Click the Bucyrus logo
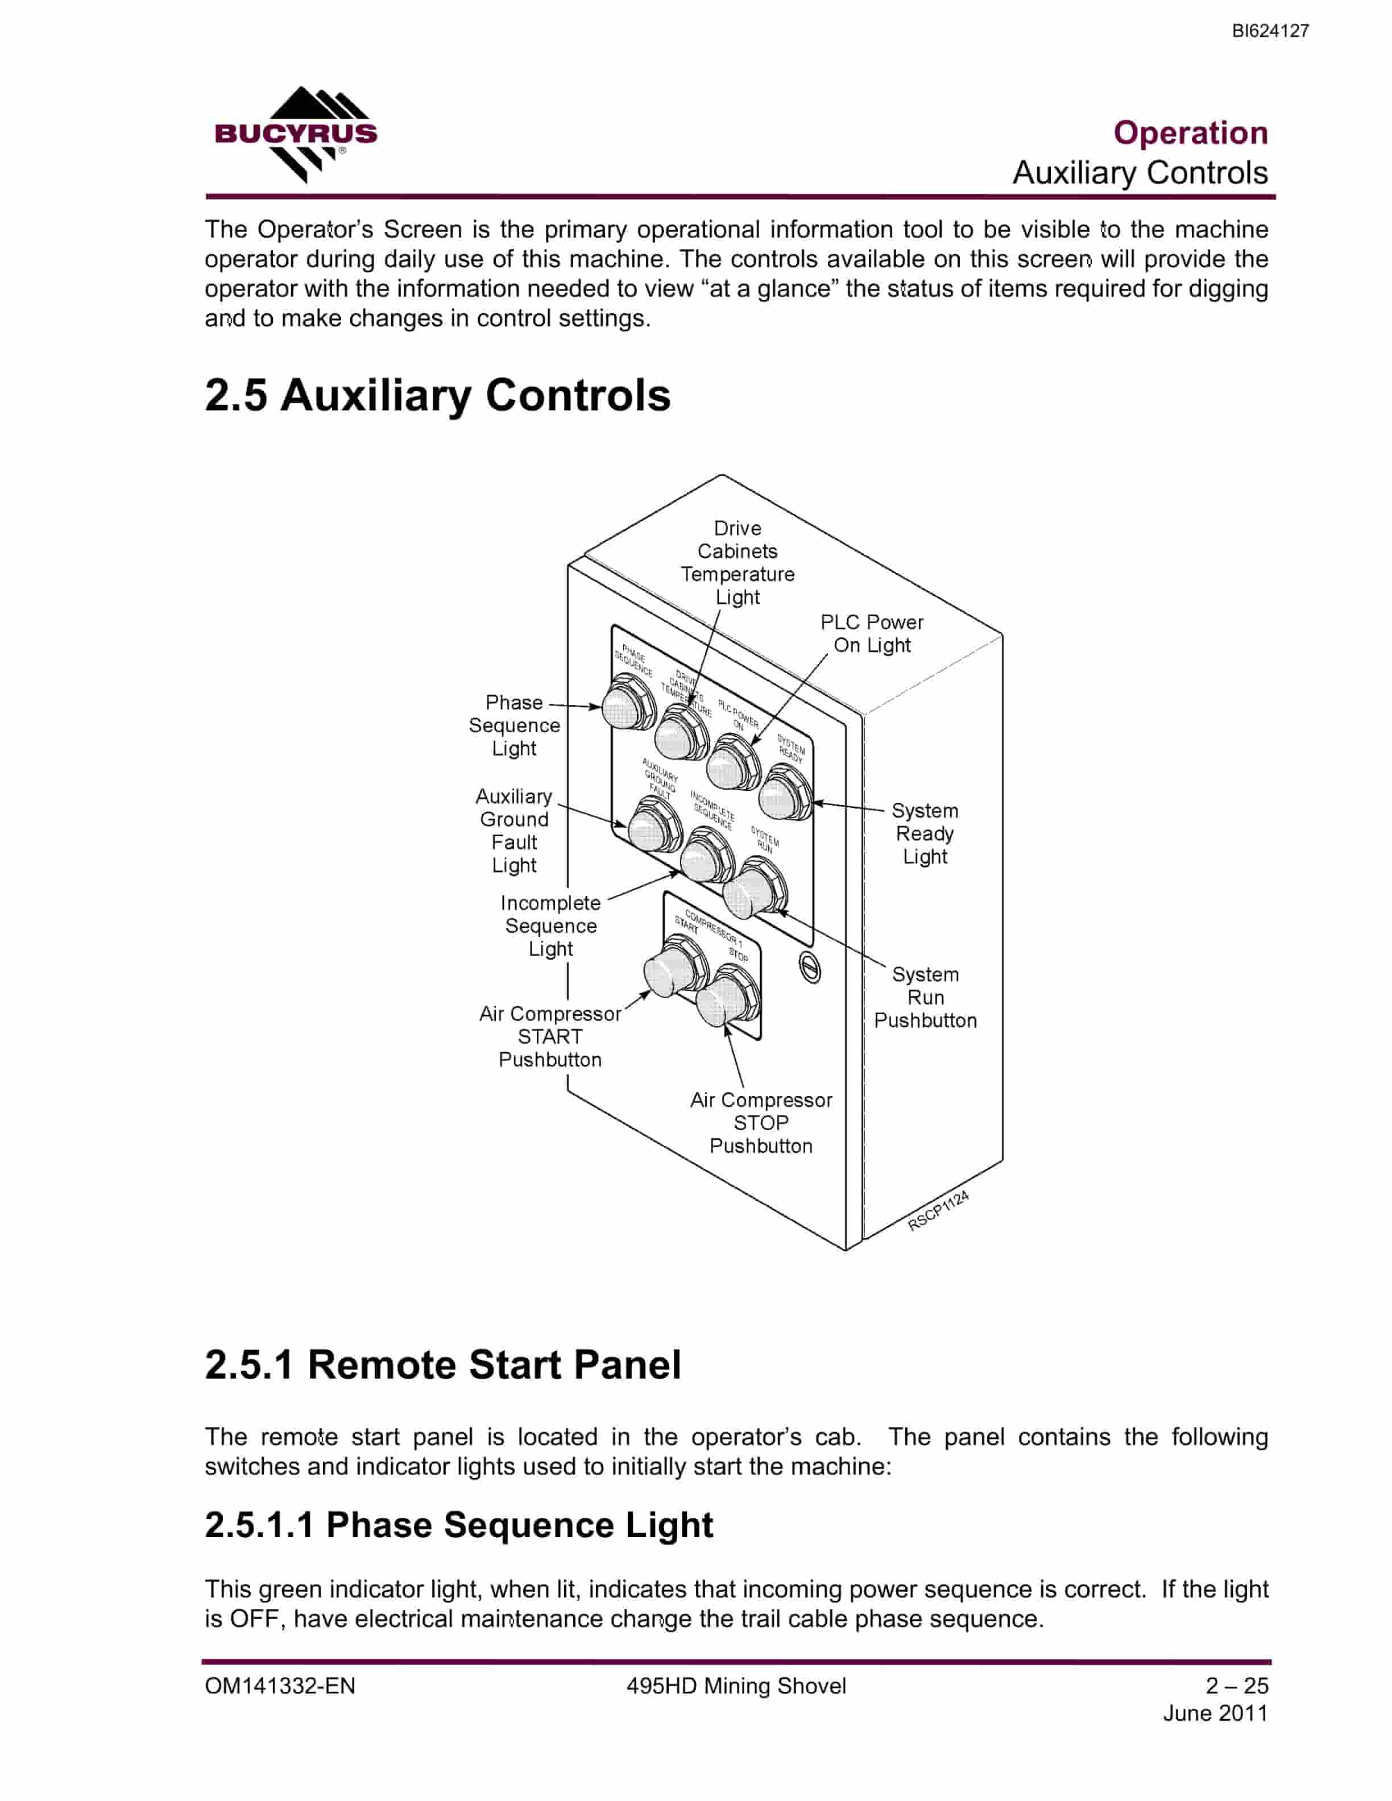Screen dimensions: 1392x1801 coord(295,134)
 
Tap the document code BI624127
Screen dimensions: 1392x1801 coord(1270,31)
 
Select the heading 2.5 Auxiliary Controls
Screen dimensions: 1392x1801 coord(437,395)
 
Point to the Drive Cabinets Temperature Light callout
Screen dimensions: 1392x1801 coord(738,562)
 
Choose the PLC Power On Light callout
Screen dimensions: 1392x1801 coord(872,633)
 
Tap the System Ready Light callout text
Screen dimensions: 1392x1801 coord(925,834)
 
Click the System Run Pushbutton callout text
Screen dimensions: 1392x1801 coord(925,997)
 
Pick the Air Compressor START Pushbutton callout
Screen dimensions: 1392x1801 coord(550,1036)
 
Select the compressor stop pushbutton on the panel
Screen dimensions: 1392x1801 coord(726,996)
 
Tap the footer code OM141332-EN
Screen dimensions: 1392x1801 coord(280,1686)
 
